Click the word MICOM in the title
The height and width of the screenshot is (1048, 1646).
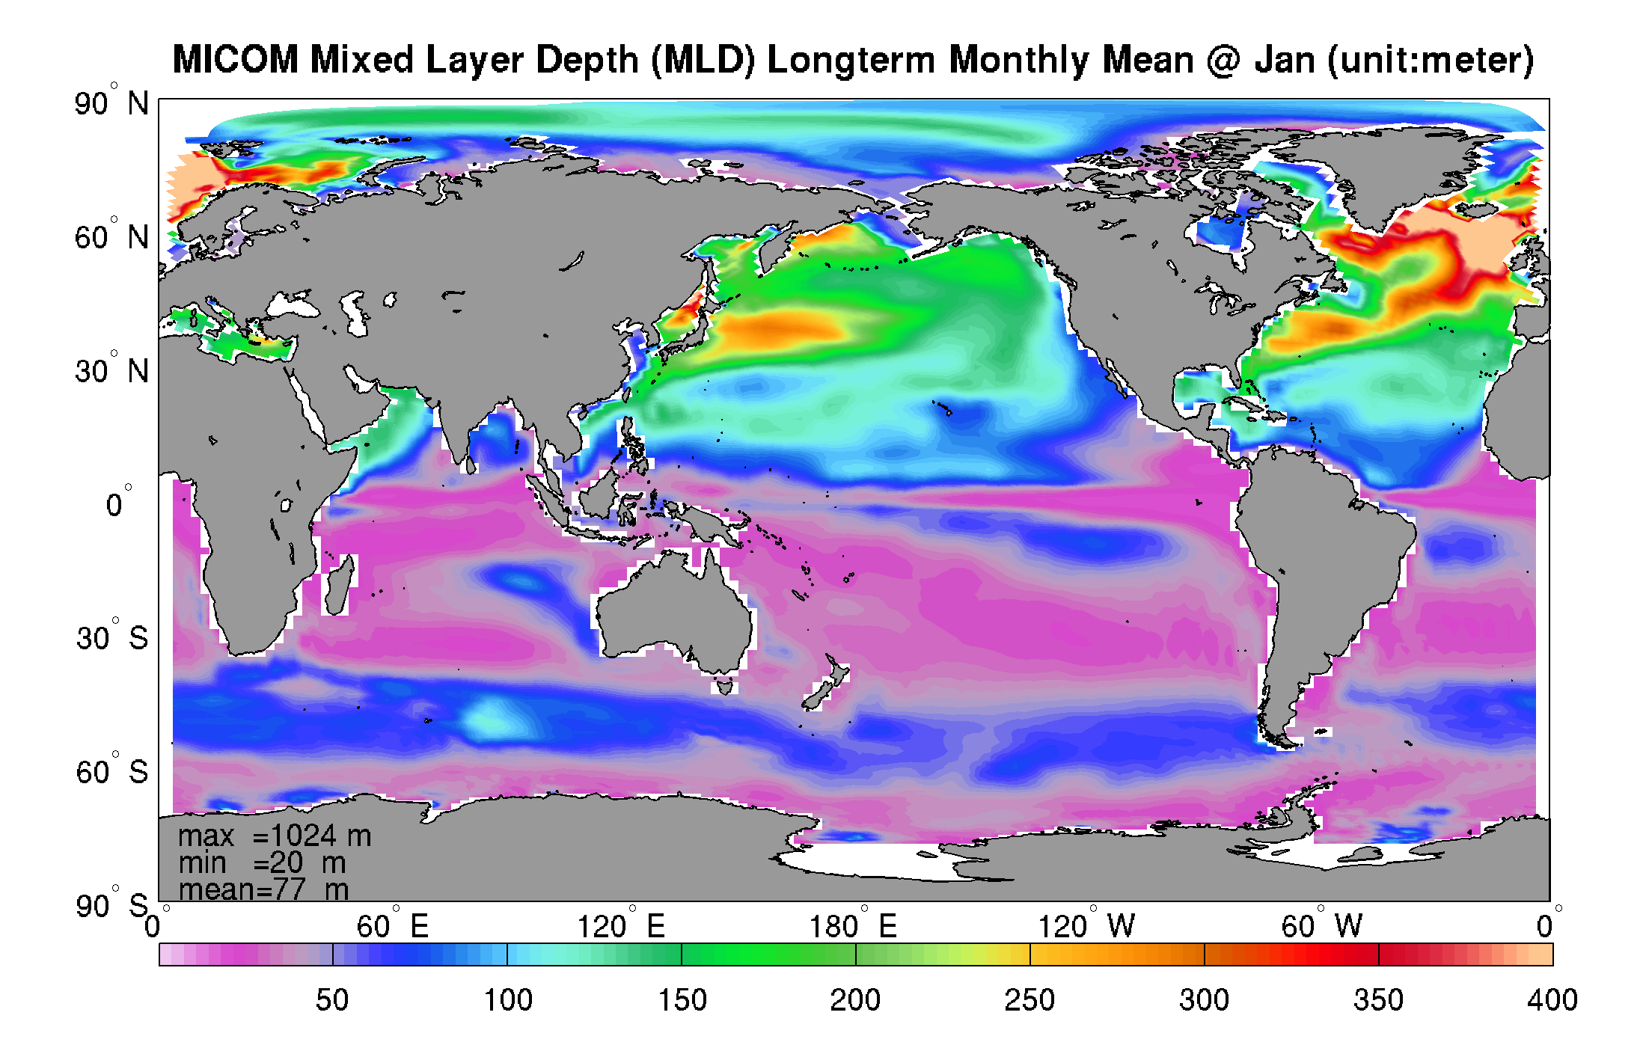tap(236, 60)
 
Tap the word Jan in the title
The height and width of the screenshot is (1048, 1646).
tap(1285, 60)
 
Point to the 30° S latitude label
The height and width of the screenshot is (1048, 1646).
tap(112, 637)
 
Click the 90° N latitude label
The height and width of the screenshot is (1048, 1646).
tap(112, 102)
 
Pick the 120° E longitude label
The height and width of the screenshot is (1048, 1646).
tap(621, 926)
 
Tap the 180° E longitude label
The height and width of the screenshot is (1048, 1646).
tap(853, 926)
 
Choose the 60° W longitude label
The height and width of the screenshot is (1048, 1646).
tap(1321, 926)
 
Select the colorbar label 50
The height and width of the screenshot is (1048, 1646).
tap(332, 999)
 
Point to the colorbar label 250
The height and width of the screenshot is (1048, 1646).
tap(1029, 999)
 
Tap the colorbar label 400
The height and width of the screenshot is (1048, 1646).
tap(1552, 999)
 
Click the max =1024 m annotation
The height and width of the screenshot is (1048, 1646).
tap(275, 836)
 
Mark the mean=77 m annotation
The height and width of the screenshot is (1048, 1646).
tap(264, 889)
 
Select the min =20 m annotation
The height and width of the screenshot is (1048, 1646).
tap(262, 862)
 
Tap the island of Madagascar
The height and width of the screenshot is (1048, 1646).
tap(339, 587)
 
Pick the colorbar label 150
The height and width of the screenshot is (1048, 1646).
tap(682, 999)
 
